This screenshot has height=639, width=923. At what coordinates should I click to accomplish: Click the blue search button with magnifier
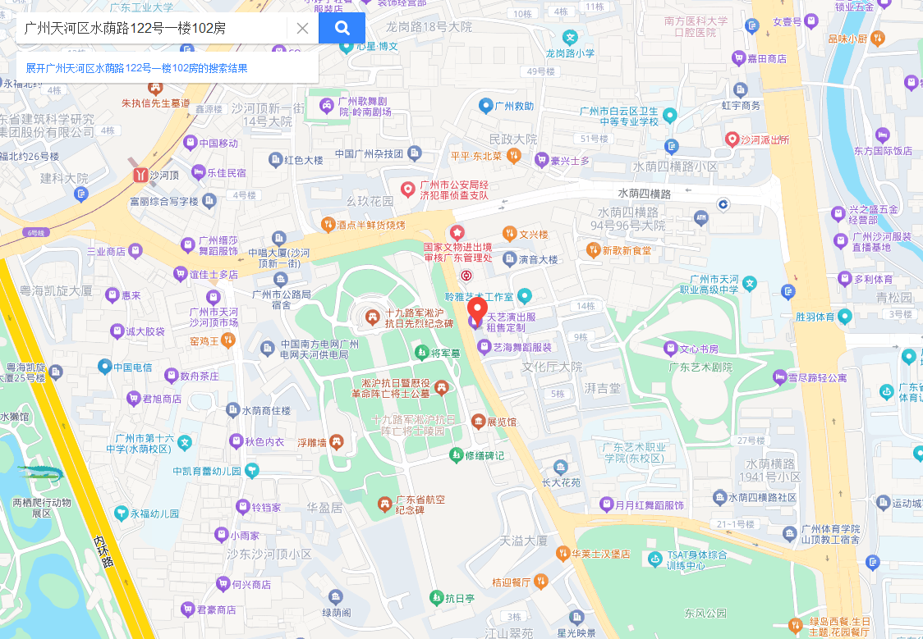pyautogui.click(x=342, y=28)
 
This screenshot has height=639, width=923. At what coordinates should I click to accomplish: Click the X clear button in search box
pyautogui.click(x=302, y=28)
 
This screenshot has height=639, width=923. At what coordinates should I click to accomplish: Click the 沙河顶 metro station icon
pyautogui.click(x=138, y=175)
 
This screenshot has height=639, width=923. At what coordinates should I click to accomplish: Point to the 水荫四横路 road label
pyautogui.click(x=645, y=194)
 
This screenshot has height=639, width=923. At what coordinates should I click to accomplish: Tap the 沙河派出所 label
pyautogui.click(x=765, y=139)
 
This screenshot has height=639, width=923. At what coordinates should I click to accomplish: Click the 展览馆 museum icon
pyautogui.click(x=478, y=422)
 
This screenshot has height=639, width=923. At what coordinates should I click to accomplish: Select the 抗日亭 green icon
pyautogui.click(x=435, y=598)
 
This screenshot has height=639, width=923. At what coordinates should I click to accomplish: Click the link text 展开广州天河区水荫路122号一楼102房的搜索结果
pyautogui.click(x=136, y=68)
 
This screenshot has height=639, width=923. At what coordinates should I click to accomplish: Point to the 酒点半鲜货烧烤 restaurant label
pyautogui.click(x=371, y=225)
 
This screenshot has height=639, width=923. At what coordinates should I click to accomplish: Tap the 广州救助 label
pyautogui.click(x=515, y=106)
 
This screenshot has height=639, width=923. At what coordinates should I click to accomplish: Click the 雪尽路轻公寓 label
pyautogui.click(x=817, y=377)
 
